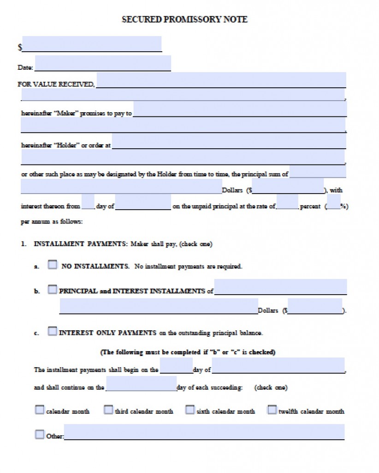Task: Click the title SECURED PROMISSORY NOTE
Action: pos(184,19)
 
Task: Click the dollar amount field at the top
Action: pos(92,44)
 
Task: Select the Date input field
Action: pos(102,63)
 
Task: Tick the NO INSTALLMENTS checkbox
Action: pos(53,266)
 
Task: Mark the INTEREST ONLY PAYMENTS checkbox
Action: pos(52,332)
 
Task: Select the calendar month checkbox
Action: pos(40,410)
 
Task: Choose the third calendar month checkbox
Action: pos(108,410)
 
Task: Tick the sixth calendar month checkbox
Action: pos(189,410)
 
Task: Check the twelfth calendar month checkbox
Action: pos(272,410)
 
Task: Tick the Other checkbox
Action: pos(40,435)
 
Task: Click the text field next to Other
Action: pos(204,432)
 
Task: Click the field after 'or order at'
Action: pos(229,141)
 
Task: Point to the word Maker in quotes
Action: pos(66,113)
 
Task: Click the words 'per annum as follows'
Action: pos(52,222)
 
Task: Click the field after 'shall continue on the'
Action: pos(141,384)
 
